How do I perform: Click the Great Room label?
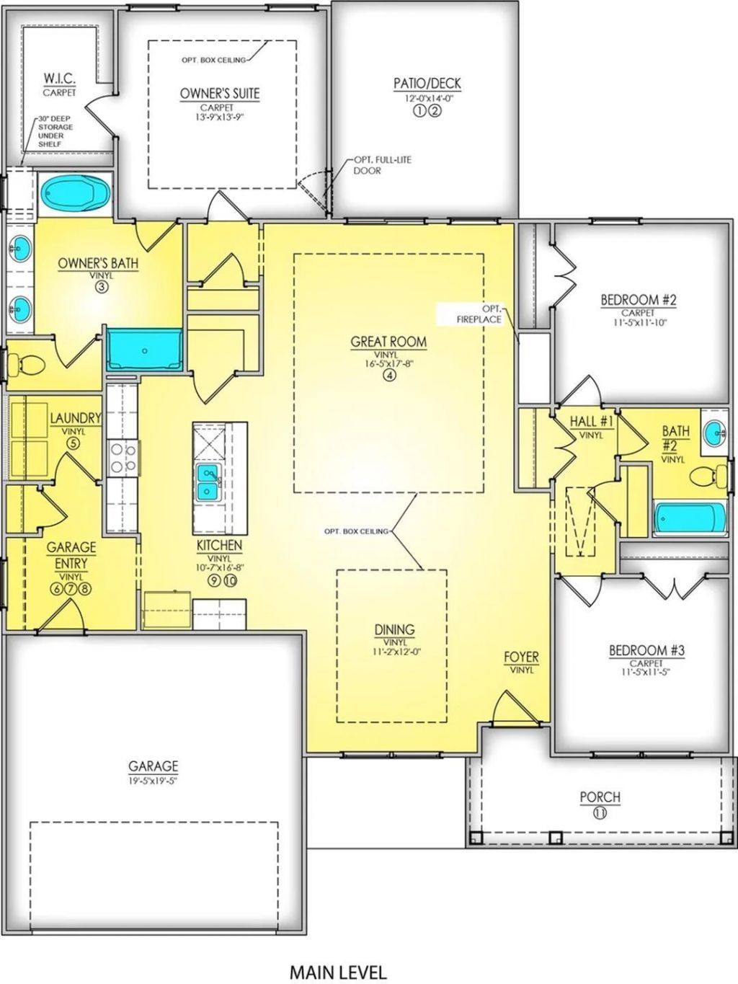tap(388, 342)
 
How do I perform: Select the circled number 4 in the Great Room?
tap(389, 375)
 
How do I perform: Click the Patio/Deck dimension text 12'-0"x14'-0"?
tap(427, 99)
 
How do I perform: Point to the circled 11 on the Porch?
tap(600, 812)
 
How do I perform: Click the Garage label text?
tap(153, 766)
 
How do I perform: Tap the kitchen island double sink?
tap(208, 482)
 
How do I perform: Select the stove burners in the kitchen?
tap(123, 458)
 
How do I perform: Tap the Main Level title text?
tap(337, 952)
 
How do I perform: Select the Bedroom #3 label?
tap(646, 650)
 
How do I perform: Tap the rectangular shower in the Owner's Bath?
tap(145, 350)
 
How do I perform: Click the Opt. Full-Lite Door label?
tap(382, 165)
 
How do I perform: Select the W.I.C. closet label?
tap(59, 78)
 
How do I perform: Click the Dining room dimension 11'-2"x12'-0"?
tap(394, 652)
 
